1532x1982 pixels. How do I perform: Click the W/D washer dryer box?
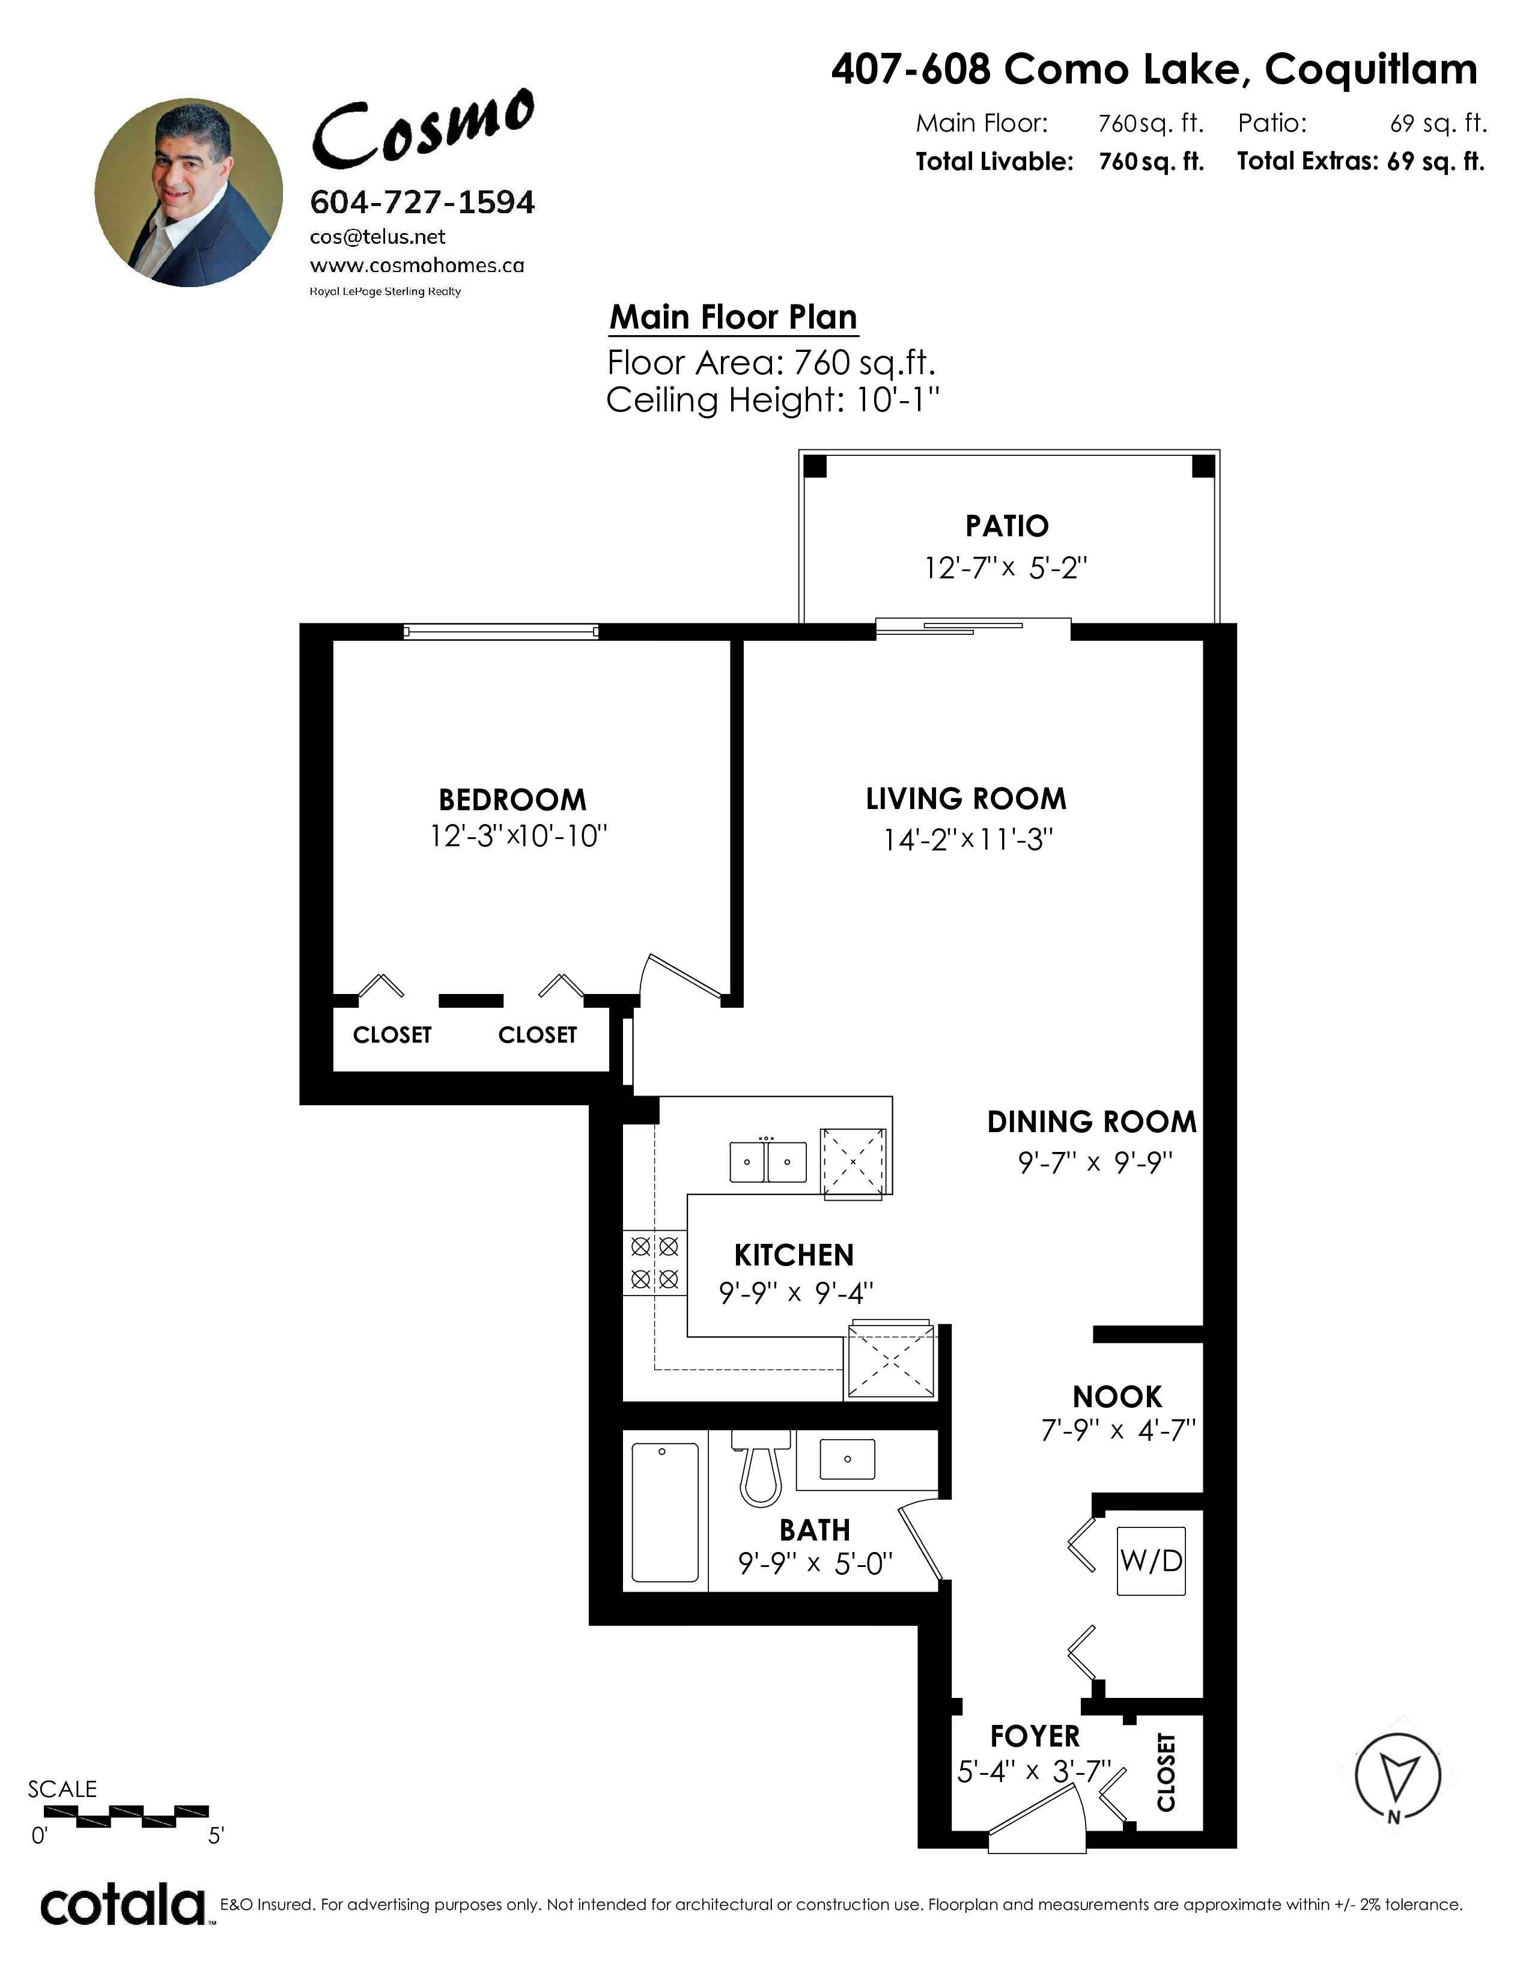pyautogui.click(x=1151, y=1561)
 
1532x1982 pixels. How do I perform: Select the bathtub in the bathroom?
pyautogui.click(x=665, y=1512)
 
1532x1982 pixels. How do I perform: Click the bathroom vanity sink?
pyautogui.click(x=847, y=1459)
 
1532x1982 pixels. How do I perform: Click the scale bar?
pyautogui.click(x=126, y=1814)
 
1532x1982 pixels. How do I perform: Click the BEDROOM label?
pyautogui.click(x=513, y=799)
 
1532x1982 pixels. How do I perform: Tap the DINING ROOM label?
pyautogui.click(x=1092, y=1122)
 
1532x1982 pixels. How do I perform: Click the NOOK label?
pyautogui.click(x=1117, y=1396)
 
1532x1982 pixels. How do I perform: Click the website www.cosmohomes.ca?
pyautogui.click(x=418, y=266)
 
